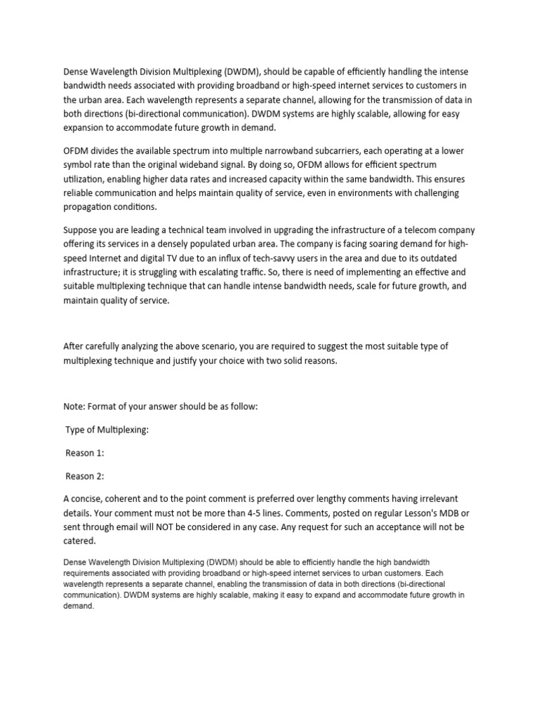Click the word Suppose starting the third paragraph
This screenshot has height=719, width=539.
click(x=81, y=230)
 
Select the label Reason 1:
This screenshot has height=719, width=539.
click(x=85, y=453)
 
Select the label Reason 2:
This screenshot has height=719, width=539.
click(x=85, y=476)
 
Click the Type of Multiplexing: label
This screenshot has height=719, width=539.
click(x=107, y=430)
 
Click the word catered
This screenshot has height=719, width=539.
click(x=81, y=541)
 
